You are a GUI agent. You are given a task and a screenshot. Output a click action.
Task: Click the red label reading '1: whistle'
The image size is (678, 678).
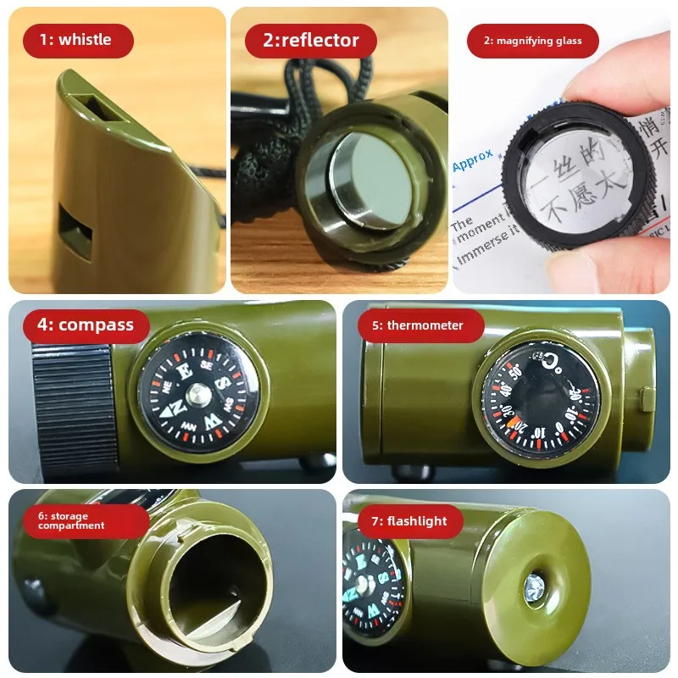coord(78,41)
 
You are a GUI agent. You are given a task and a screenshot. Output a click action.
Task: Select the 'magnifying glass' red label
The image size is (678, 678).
coord(532,41)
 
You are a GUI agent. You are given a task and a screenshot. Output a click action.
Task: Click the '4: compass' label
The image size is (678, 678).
coord(85,325)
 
